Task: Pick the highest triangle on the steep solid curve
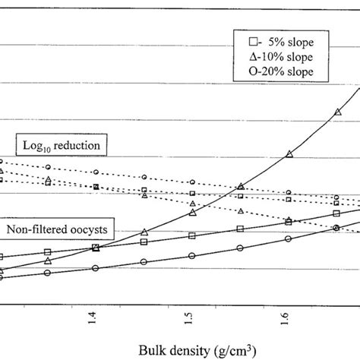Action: coord(336,112)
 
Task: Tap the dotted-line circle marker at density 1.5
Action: coord(191,182)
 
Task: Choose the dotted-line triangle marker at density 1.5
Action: coord(192,204)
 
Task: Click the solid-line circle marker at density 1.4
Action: coord(95,268)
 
